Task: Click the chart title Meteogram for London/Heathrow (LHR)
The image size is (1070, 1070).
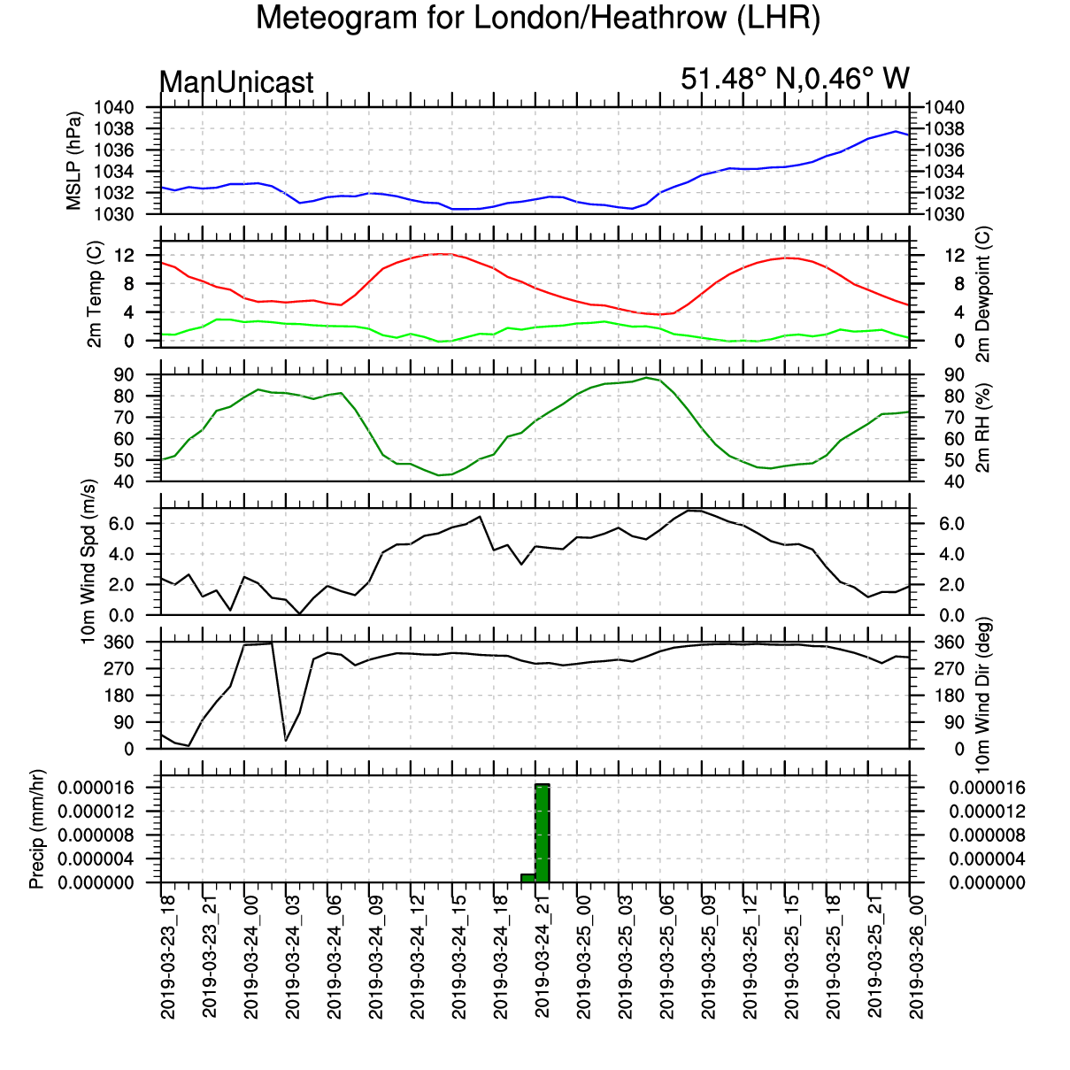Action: (x=537, y=19)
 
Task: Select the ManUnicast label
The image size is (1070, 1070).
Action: (x=236, y=82)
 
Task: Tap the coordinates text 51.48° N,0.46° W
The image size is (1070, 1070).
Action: (x=795, y=78)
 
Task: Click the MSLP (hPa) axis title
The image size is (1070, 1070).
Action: (x=73, y=161)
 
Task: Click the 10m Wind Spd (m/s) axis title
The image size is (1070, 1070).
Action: (x=89, y=561)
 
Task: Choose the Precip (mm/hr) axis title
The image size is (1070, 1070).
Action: (x=36, y=829)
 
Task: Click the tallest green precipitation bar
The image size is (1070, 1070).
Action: (x=542, y=833)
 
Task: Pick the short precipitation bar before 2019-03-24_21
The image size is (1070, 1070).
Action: (x=528, y=878)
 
